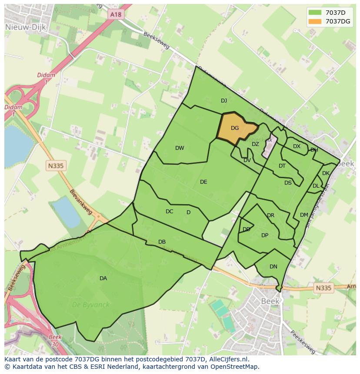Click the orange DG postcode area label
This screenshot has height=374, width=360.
click(x=235, y=128)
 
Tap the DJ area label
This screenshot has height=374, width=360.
click(x=224, y=101)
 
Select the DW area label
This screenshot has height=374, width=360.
click(x=180, y=148)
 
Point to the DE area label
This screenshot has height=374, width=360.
click(x=203, y=182)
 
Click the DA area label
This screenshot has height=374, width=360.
click(x=103, y=278)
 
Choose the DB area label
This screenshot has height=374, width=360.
click(x=162, y=242)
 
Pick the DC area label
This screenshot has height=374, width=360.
click(x=170, y=212)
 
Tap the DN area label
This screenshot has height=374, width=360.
click(x=273, y=267)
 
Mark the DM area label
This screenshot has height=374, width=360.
click(x=304, y=215)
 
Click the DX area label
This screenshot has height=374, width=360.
click(x=297, y=146)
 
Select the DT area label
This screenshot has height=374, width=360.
click(x=282, y=166)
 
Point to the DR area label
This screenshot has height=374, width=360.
click(x=271, y=215)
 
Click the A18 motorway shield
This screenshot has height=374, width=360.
click(x=116, y=14)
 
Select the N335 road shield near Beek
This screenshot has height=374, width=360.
click(x=323, y=288)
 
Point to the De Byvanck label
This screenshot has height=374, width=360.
click(x=91, y=305)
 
